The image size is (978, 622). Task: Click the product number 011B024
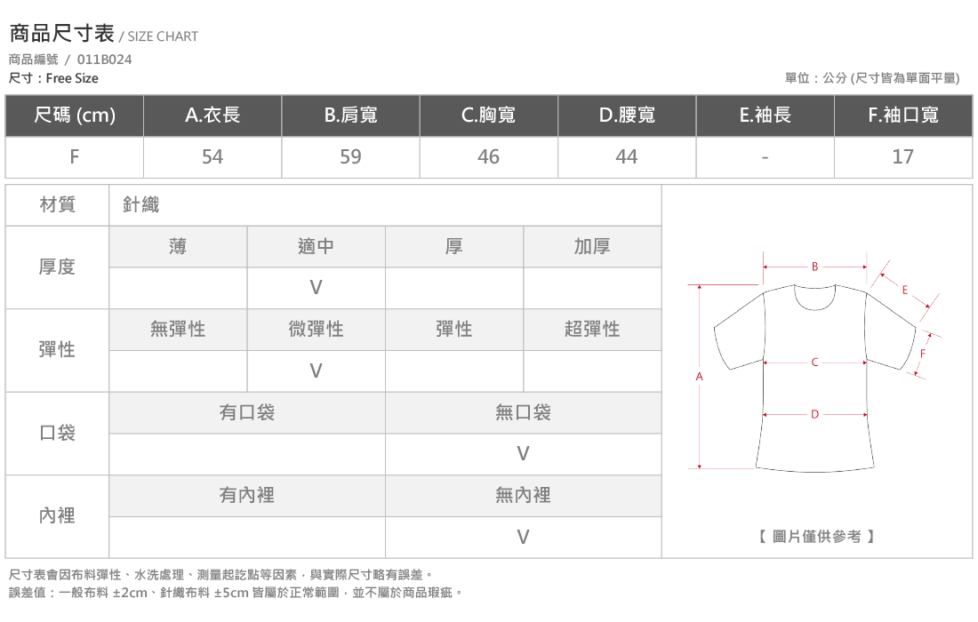click(104, 60)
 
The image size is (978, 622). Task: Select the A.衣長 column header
click(212, 115)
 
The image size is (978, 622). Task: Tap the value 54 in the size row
click(212, 156)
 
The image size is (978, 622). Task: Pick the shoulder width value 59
click(350, 156)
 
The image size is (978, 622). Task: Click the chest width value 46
click(488, 156)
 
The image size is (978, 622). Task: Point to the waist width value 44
click(626, 156)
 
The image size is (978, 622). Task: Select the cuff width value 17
click(902, 156)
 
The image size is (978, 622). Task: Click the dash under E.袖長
click(765, 157)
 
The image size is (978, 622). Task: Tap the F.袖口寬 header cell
click(903, 115)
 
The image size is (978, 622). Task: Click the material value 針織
click(141, 204)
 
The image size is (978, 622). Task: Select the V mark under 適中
click(317, 287)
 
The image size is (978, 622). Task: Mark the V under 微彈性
click(317, 371)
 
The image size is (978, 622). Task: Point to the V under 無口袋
click(524, 454)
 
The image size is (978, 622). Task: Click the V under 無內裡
click(524, 537)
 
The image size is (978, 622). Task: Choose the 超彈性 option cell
click(592, 329)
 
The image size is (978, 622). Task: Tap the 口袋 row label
click(58, 433)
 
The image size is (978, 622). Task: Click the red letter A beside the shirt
click(699, 377)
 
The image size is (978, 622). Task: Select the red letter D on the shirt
click(814, 414)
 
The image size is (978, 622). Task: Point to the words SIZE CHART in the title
click(163, 36)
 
